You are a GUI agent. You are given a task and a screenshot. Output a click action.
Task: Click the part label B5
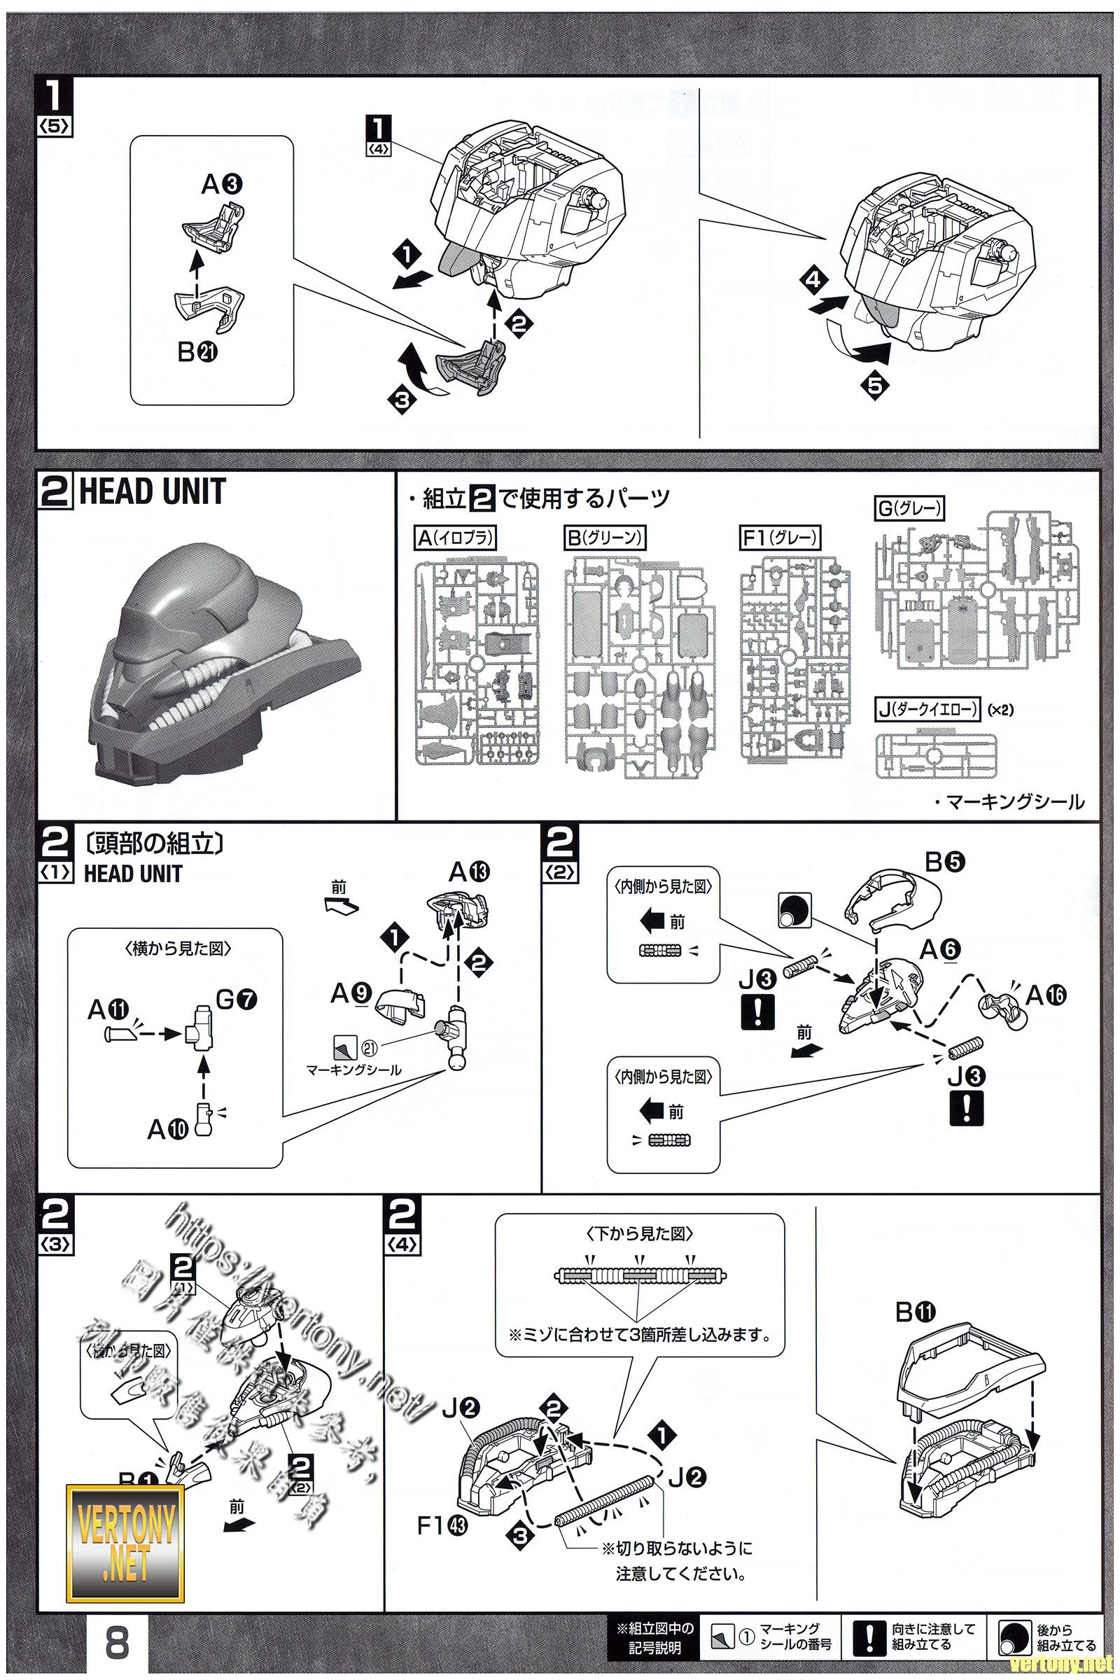coord(944,863)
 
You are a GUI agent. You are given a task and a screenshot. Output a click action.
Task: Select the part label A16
coord(1046,995)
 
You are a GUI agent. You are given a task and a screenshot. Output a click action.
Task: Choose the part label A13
coord(469,872)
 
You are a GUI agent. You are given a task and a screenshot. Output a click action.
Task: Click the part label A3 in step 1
coord(222,185)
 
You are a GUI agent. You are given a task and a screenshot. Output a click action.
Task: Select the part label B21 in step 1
coord(198,352)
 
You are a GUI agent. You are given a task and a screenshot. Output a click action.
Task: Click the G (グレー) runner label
coord(909,509)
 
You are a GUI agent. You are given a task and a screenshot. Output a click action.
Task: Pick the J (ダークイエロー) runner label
coord(927,710)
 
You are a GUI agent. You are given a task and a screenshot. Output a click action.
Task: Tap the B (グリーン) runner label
coord(604,538)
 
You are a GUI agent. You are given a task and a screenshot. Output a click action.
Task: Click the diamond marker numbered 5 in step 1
coord(874,386)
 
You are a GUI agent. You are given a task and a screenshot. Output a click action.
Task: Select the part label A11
coord(108,1011)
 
